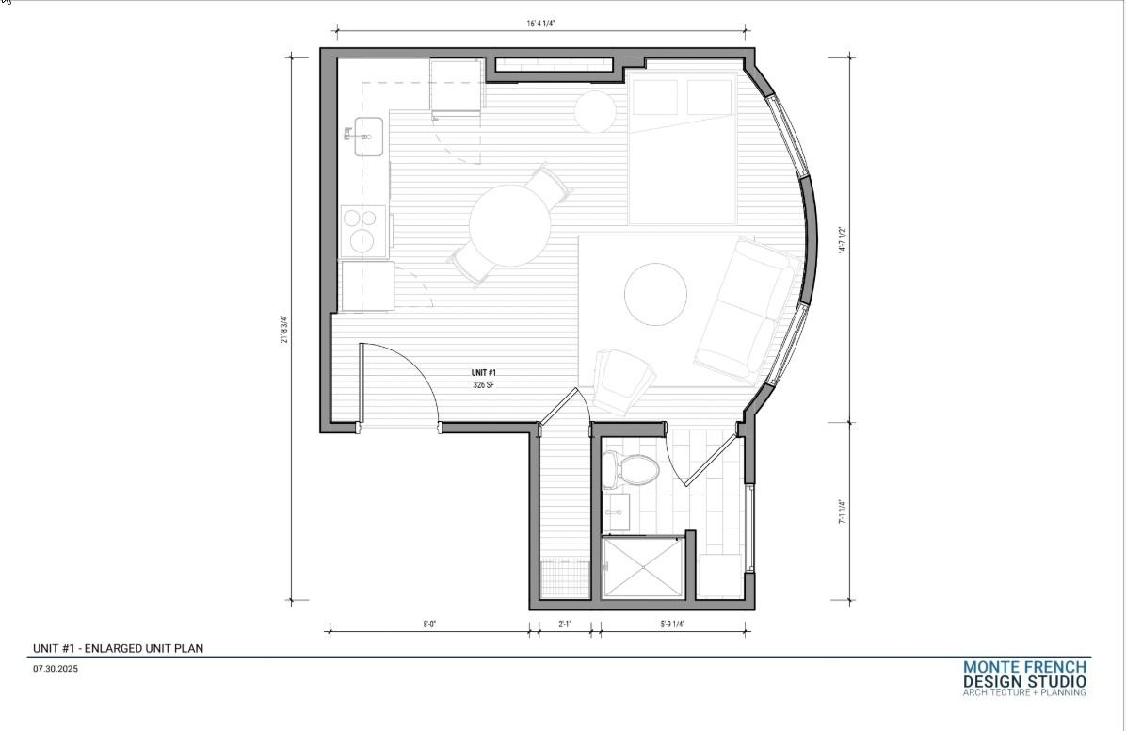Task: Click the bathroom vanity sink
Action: [x=618, y=513]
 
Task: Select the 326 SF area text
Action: [x=485, y=385]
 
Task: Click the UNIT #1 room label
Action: [x=485, y=374]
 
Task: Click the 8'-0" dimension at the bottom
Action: [x=429, y=624]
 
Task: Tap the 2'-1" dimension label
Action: [x=565, y=624]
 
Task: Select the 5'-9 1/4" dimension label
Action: [x=672, y=624]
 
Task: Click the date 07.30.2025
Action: [x=54, y=668]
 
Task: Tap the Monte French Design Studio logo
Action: [x=1024, y=678]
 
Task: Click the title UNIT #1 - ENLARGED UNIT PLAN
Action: [x=118, y=648]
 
